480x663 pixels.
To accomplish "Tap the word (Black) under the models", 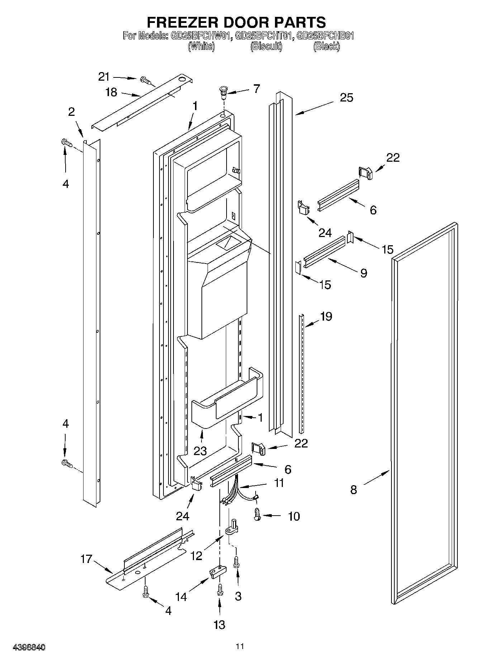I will [326, 46].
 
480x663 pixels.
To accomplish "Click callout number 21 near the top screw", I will [104, 76].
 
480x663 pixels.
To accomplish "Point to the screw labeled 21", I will [146, 81].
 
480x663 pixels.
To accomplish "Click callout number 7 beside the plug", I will [257, 89].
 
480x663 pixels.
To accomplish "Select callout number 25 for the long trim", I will [346, 97].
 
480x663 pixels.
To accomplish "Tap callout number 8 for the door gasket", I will [353, 489].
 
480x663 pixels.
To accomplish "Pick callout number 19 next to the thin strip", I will [326, 316].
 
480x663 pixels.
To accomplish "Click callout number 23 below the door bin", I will [200, 451].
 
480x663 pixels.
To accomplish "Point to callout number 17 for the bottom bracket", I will [86, 559].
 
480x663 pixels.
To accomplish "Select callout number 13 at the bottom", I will [219, 624].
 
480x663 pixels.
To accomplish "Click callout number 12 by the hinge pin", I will [196, 555].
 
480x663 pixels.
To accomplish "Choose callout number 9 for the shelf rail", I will [363, 273].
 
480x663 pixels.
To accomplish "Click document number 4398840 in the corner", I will [29, 648].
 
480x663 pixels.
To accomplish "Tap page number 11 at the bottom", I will [240, 647].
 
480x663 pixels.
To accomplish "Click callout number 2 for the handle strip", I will [72, 112].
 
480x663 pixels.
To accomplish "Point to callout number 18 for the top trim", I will [111, 92].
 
